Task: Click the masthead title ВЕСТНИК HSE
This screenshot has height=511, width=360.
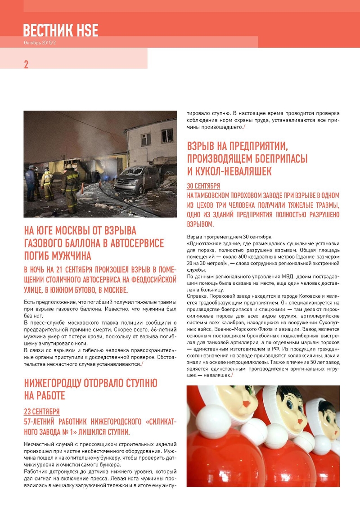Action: coord(60,30)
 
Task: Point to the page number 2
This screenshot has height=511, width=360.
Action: coord(26,64)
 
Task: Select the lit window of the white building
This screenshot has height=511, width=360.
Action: coord(167,135)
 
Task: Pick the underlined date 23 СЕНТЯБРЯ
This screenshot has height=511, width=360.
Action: coord(41,412)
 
